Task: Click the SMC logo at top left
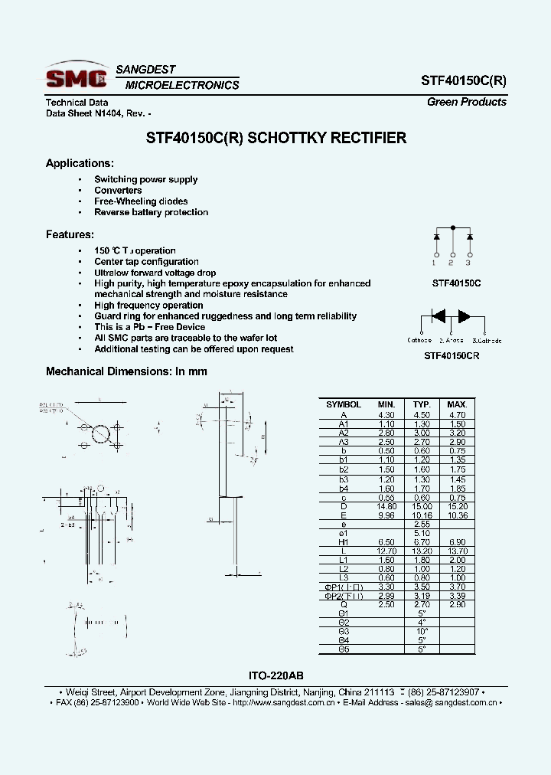[76, 77]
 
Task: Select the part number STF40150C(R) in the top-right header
[463, 80]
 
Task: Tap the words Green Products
[466, 102]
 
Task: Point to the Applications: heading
[80, 163]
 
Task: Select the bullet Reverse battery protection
[151, 212]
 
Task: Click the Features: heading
[70, 234]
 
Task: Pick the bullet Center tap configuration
[146, 262]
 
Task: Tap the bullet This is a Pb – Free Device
[149, 327]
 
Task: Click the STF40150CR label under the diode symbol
[452, 356]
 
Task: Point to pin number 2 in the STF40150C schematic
[452, 263]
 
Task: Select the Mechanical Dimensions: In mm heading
[126, 371]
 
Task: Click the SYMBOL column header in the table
[343, 404]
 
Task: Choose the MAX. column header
[457, 404]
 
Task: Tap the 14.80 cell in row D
[386, 506]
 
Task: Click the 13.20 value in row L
[422, 551]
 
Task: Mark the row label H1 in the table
[343, 541]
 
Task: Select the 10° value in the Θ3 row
[422, 630]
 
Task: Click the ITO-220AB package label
[275, 676]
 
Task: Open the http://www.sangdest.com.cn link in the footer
[283, 702]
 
